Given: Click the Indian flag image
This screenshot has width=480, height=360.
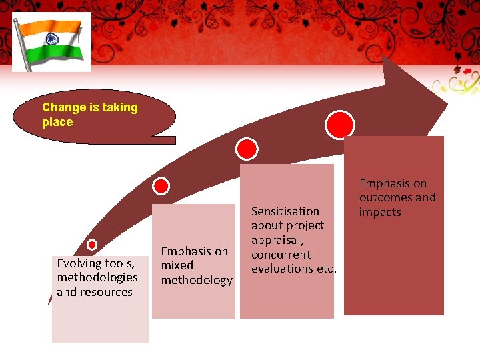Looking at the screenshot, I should [51, 41].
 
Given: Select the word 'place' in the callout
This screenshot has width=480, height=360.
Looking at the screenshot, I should [57, 122].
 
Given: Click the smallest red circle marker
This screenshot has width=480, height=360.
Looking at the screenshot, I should [92, 245].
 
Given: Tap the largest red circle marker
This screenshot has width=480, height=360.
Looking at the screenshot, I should [340, 125].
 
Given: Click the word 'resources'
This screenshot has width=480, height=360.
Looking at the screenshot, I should [104, 292].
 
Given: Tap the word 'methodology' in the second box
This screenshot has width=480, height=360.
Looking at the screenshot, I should [197, 280].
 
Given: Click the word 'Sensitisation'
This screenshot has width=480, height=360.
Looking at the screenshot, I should [285, 211].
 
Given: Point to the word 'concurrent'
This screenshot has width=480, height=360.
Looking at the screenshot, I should [281, 255].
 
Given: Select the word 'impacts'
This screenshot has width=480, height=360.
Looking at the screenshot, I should [380, 212].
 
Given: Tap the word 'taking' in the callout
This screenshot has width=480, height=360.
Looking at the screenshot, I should [120, 107].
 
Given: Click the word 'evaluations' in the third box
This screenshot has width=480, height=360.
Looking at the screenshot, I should [281, 269].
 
